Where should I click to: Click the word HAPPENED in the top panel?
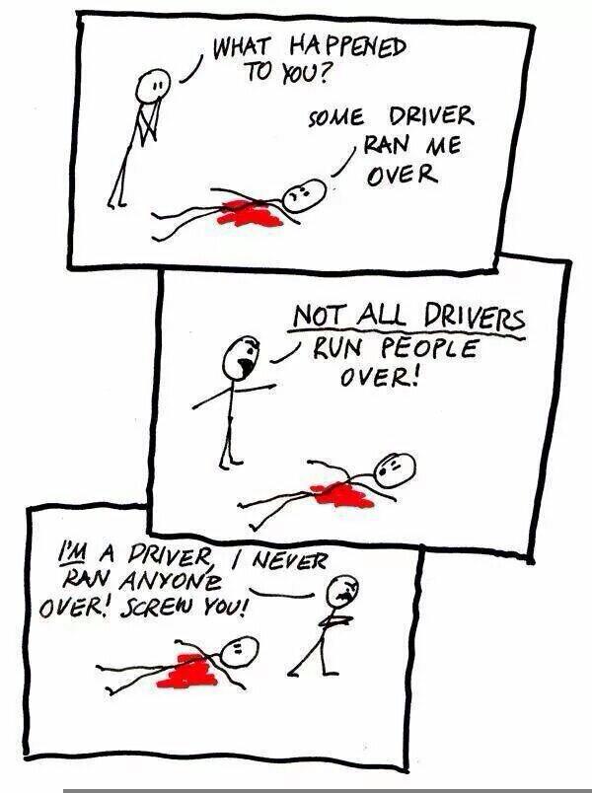[346, 48]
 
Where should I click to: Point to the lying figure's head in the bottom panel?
[238, 649]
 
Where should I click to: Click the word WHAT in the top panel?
[242, 45]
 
